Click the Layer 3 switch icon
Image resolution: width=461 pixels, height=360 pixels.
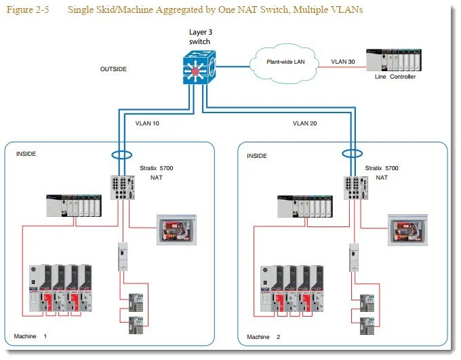pyautogui.click(x=199, y=67)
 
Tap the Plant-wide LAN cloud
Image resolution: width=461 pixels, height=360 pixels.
pyautogui.click(x=284, y=64)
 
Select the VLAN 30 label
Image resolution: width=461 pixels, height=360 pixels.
pyautogui.click(x=343, y=62)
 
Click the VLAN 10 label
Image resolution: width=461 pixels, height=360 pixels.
pyautogui.click(x=147, y=123)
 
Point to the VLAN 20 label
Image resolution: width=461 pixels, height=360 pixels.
pyautogui.click(x=304, y=123)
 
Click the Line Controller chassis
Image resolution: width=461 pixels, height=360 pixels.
pyautogui.click(x=394, y=60)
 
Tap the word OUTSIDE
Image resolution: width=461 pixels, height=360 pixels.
pyautogui.click(x=113, y=69)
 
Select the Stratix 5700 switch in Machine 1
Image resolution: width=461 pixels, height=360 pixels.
pyautogui.click(x=123, y=188)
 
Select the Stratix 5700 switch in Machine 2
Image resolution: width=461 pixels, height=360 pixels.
pyautogui.click(x=356, y=188)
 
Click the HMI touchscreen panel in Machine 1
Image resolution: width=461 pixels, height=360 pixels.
pyautogui.click(x=176, y=230)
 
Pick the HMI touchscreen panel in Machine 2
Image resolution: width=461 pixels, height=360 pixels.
pyautogui.click(x=408, y=230)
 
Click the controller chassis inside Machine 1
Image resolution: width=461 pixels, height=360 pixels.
pyautogui.click(x=74, y=205)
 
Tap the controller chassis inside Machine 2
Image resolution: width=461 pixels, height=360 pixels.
pyautogui.click(x=305, y=207)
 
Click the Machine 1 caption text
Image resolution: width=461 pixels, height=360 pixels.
pyautogui.click(x=30, y=336)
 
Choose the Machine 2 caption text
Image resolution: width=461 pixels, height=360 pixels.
pyautogui.click(x=264, y=337)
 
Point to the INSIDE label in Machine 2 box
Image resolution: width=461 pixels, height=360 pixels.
pyautogui.click(x=257, y=156)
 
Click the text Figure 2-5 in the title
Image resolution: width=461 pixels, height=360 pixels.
pyautogui.click(x=28, y=9)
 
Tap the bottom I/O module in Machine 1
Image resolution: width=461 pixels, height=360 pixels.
pyautogui.click(x=136, y=325)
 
